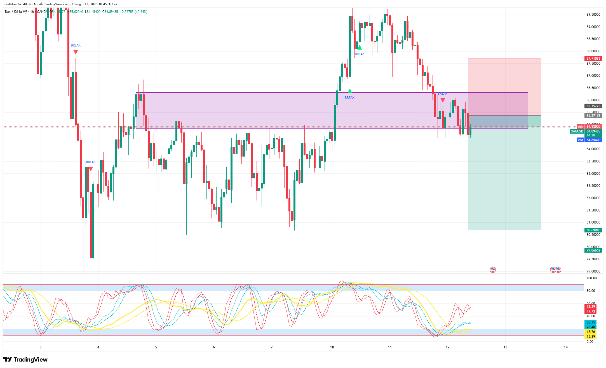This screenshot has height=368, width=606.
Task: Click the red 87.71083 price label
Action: point(593,59)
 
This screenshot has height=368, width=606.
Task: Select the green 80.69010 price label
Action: point(593,230)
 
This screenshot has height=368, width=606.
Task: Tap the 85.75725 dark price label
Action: point(593,106)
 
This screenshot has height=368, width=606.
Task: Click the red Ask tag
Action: point(581,127)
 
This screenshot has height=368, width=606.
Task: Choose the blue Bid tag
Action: point(581,140)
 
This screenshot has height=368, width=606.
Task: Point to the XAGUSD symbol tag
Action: point(577,131)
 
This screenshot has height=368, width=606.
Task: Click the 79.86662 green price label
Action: point(593,250)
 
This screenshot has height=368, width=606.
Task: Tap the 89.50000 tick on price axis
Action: point(593,15)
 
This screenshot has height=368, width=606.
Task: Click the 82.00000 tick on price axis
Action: point(593,198)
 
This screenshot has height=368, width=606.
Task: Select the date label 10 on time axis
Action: point(332,347)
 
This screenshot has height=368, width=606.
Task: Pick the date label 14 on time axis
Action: point(566,347)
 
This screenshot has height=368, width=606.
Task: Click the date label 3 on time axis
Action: point(41,347)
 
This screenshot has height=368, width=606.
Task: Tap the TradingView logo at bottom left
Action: point(25,360)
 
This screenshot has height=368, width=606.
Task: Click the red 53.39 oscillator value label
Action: point(591,307)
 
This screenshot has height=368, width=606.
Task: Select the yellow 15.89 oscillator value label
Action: point(591,337)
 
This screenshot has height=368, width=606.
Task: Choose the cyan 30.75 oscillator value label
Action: point(591,322)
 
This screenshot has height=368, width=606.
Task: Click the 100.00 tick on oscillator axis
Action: point(591,278)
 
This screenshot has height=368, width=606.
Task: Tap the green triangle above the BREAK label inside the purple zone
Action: point(350,91)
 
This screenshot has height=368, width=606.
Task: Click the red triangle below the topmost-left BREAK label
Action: point(76,52)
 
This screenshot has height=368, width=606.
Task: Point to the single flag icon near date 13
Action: point(493,270)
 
